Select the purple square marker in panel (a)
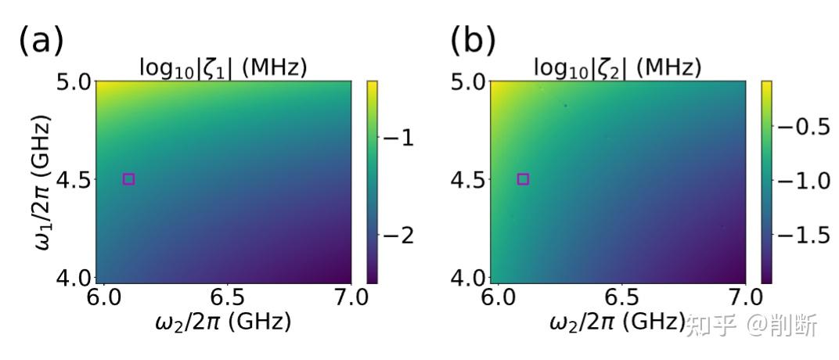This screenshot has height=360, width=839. (129, 179)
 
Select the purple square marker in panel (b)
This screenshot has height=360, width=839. (524, 179)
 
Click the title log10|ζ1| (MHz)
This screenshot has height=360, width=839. (223, 68)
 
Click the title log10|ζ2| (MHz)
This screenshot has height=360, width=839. (618, 68)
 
